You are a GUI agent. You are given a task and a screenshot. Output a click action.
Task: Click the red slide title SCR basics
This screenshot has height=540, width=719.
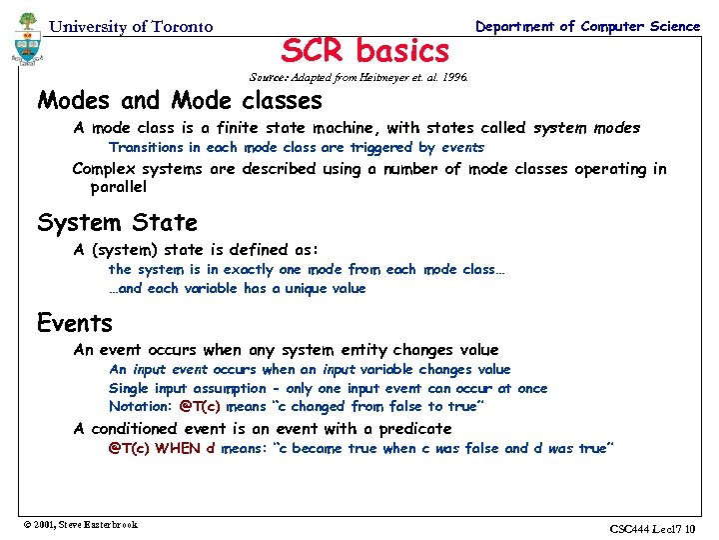tap(365, 49)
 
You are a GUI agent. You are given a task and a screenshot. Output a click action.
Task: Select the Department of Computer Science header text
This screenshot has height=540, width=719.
tap(588, 26)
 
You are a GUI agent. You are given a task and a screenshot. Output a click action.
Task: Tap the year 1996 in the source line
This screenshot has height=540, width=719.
tap(452, 77)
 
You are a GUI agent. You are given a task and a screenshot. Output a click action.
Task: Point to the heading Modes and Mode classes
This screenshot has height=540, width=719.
tap(180, 100)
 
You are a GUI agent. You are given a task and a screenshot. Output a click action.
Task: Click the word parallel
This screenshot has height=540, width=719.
tap(119, 187)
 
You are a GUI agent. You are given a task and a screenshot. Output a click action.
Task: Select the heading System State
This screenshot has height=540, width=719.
tap(117, 222)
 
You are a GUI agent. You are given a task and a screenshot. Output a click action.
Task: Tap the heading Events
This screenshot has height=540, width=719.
tap(75, 323)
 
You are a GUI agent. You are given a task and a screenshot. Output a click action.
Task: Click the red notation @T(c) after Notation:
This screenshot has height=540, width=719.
tap(200, 406)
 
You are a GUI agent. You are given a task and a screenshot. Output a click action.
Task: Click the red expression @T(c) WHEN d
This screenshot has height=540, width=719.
tap(162, 448)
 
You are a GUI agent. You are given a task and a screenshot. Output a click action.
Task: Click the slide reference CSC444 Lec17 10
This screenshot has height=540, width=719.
tap(655, 527)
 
